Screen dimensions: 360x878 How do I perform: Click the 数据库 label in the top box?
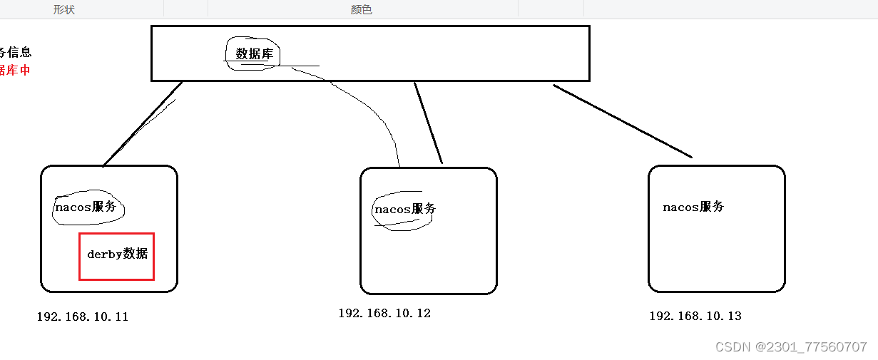point(255,54)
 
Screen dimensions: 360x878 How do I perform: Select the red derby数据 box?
point(116,256)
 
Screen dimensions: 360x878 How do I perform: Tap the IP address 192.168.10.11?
point(83,317)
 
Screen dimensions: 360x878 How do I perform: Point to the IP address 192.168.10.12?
point(384,314)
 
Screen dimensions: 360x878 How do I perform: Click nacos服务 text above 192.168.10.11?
point(85,207)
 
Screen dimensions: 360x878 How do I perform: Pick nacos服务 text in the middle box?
point(404,210)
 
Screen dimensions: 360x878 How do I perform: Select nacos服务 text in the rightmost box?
point(693,207)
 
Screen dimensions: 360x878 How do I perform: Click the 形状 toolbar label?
point(64,9)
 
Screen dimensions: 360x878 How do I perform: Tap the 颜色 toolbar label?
point(362,9)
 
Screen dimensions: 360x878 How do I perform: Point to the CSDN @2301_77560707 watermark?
point(790,347)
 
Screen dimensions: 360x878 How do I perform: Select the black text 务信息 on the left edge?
point(15,52)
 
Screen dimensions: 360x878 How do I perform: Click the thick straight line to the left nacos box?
point(143,124)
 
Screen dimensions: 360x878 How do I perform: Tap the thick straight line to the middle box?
point(428,123)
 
